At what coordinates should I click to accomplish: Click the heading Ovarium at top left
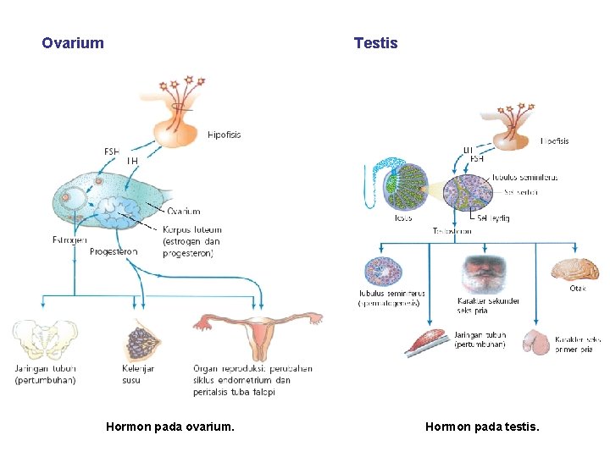[x=73, y=43]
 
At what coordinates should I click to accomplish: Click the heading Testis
[x=375, y=43]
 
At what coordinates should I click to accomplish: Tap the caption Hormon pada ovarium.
[x=169, y=427]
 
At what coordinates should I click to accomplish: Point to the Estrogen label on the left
[x=69, y=240]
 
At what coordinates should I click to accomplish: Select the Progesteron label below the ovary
[x=114, y=251]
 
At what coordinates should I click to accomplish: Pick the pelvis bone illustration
[x=43, y=340]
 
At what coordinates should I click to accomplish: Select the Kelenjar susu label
[x=138, y=374]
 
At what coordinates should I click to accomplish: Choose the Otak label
[x=577, y=289]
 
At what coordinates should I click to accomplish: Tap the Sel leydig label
[x=493, y=217]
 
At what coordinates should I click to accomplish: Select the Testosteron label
[x=452, y=230]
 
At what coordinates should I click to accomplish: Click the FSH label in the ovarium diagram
[x=112, y=151]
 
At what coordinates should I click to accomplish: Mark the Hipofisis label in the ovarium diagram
[x=225, y=135]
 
